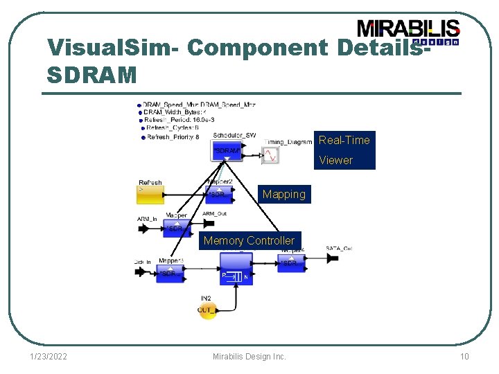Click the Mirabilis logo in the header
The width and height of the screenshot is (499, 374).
tap(408, 31)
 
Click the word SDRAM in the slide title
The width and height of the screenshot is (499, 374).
tap(91, 75)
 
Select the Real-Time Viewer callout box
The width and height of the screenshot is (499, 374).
tap(344, 150)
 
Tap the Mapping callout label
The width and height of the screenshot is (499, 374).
tap(283, 195)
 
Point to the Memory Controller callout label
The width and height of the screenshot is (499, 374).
tap(249, 240)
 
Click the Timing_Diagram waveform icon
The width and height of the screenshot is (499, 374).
tap(270, 156)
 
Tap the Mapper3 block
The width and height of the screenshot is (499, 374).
tap(169, 273)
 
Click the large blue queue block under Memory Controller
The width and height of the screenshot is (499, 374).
tap(236, 269)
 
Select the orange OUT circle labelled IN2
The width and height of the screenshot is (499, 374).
tap(207, 310)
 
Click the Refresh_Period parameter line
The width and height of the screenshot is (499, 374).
tap(177, 120)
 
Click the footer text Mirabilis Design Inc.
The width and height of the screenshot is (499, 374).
tap(249, 357)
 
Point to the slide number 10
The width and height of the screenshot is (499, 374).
tap(464, 357)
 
